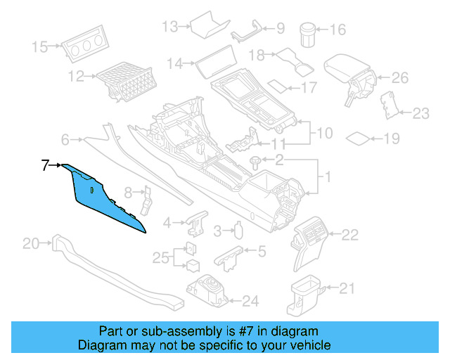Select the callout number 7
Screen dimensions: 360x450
pyautogui.click(x=46, y=166)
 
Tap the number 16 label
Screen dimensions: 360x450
pyautogui.click(x=338, y=30)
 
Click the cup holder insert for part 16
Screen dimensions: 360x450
pyautogui.click(x=308, y=33)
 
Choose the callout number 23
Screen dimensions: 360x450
pyautogui.click(x=420, y=112)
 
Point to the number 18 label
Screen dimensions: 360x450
pyautogui.click(x=257, y=54)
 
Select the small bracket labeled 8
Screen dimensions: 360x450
pyautogui.click(x=146, y=199)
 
